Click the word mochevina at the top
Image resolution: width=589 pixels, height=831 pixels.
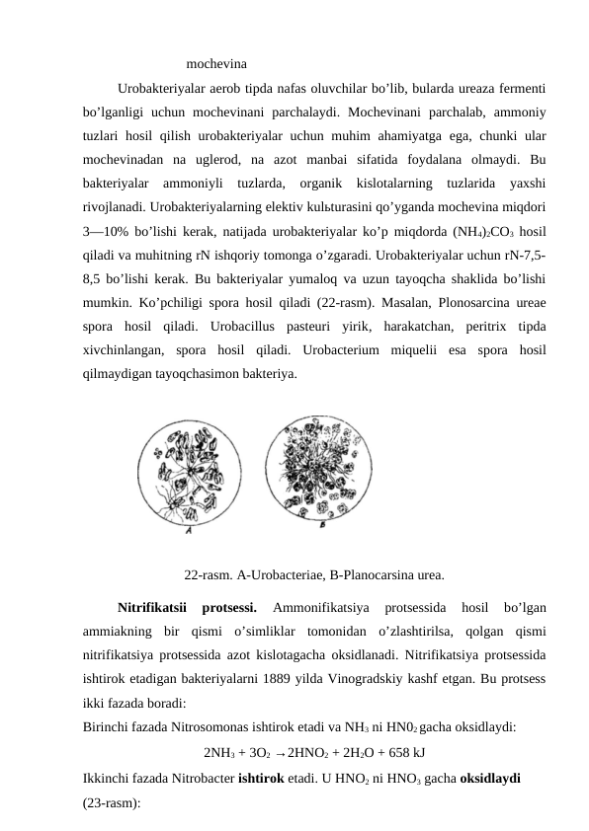[x=216, y=66]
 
